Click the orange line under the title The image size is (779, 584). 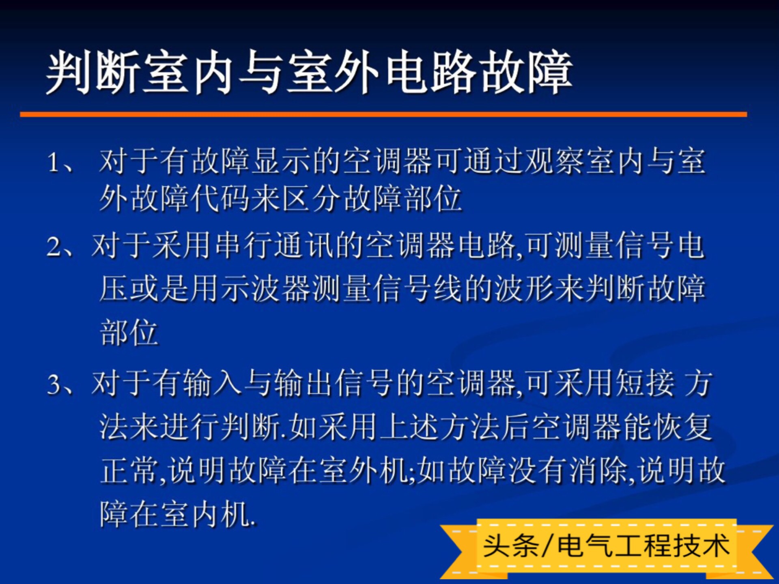pos(383,115)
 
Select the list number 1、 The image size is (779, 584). pos(61,162)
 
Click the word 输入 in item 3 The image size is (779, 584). pos(213,383)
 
